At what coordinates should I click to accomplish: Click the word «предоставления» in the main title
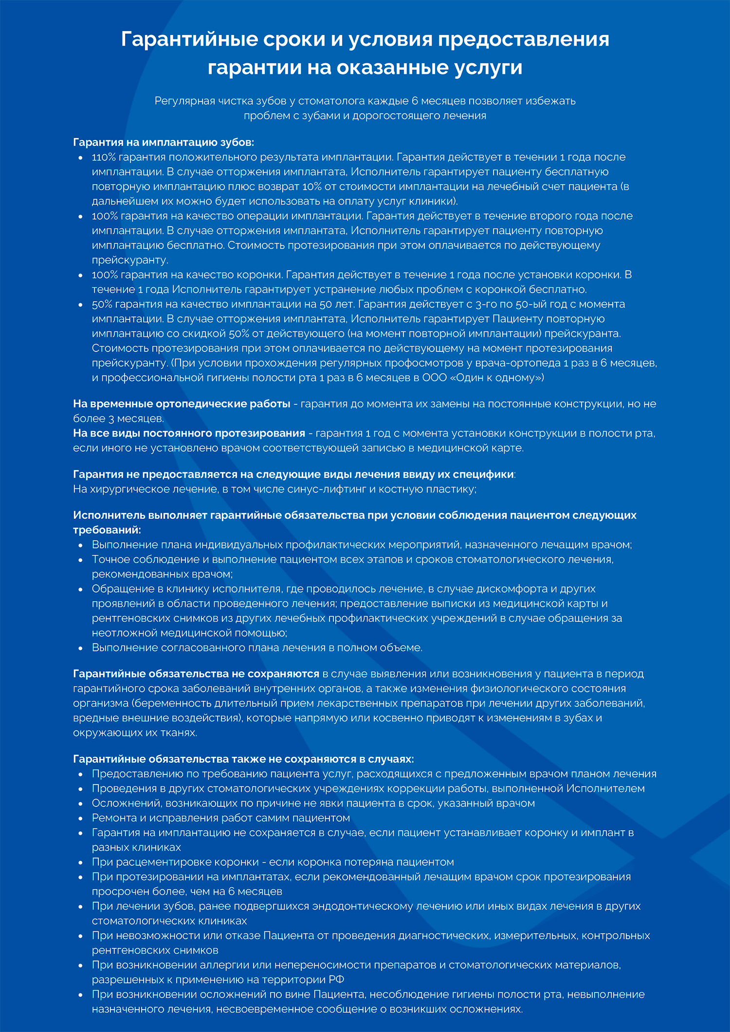523,39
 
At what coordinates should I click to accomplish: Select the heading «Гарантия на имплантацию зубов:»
164,142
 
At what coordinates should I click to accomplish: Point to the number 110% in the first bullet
103,157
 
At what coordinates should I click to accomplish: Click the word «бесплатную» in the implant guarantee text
577,172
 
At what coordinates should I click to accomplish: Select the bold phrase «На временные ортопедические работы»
182,404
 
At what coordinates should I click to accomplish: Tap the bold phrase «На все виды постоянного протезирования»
189,433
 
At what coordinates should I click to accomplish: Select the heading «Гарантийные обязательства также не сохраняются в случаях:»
243,759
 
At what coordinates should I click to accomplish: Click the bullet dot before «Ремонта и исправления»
80,819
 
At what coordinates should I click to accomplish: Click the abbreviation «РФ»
336,980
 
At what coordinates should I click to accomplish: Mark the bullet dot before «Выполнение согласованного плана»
80,648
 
